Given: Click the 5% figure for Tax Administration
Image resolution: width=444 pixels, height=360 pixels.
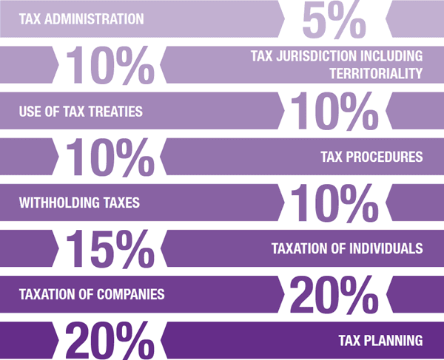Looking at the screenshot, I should [334, 20].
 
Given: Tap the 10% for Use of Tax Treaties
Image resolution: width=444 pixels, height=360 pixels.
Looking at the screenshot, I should [334, 112].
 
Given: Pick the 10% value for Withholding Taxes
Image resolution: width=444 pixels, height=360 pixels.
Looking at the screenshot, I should [334, 203].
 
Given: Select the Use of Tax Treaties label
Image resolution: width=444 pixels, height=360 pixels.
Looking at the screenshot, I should [80, 112].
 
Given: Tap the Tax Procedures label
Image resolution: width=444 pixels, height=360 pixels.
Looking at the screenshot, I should [371, 157].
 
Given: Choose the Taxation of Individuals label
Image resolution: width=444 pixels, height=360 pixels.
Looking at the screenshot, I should [346, 248].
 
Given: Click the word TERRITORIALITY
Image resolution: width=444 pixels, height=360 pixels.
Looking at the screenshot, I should [373, 73].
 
